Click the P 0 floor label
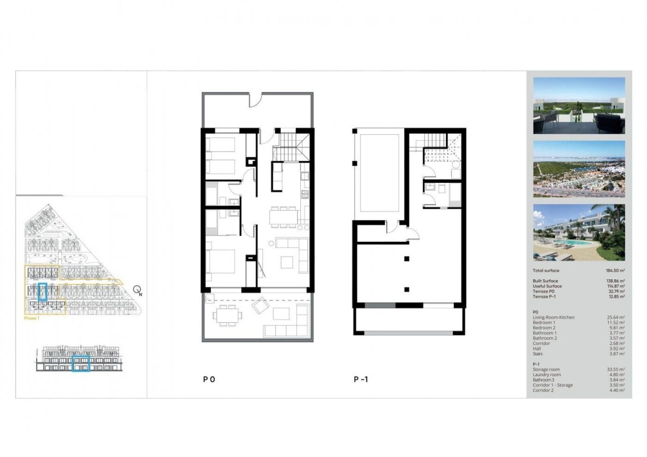click(x=209, y=379)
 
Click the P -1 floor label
click(x=360, y=379)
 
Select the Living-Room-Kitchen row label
click(x=554, y=317)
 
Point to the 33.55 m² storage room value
click(x=616, y=369)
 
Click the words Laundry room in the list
click(x=546, y=375)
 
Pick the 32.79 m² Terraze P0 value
click(x=616, y=291)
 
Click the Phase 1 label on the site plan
click(x=31, y=318)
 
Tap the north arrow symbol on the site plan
click(x=137, y=290)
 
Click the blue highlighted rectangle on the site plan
click(x=43, y=292)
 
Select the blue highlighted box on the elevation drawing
click(x=81, y=364)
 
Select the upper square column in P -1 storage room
click(x=406, y=259)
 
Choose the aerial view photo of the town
click(x=579, y=169)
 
